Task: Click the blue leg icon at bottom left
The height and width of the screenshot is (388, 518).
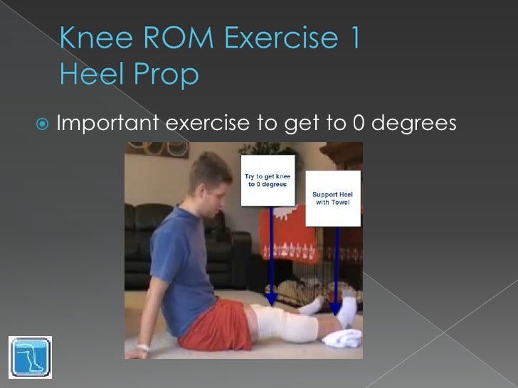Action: (31, 355)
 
